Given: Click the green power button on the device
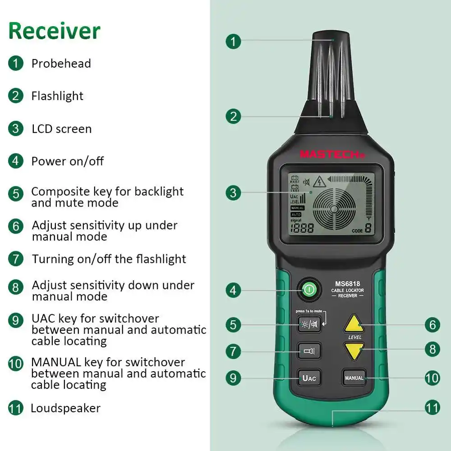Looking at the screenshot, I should point(308,290).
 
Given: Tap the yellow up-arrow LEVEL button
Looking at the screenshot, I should point(354,324).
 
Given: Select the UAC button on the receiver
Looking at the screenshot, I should point(309,377).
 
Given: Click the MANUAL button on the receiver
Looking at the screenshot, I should point(354,377).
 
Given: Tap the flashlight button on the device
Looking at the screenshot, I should point(309,350).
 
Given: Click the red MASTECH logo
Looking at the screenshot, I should point(332,154).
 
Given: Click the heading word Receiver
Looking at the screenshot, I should point(54,31).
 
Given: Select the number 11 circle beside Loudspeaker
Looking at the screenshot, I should point(15,409).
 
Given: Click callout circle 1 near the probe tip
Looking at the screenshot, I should point(233,41).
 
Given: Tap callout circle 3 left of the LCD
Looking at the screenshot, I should point(233,193).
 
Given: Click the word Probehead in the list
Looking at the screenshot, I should point(61,64).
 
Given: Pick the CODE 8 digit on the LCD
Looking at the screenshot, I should point(368,227).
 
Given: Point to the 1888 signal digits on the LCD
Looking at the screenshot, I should point(302,228).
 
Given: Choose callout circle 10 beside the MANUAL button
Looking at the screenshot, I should point(432,377).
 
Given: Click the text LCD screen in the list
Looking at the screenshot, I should point(61,129).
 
